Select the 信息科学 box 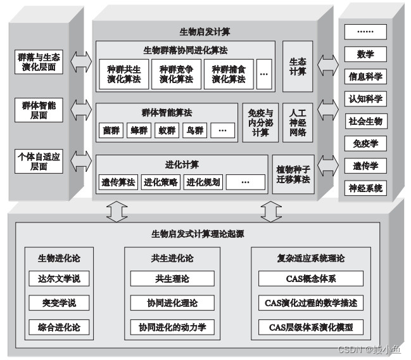click(x=365, y=77)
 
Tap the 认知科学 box click(x=365, y=99)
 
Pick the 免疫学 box click(x=365, y=143)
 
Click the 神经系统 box click(x=365, y=188)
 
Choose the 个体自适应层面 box click(x=39, y=161)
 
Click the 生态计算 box click(x=298, y=67)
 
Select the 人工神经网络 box click(x=298, y=122)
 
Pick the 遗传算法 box click(x=118, y=183)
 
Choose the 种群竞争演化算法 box click(x=176, y=74)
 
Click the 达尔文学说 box click(x=59, y=278)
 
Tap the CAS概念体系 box click(x=311, y=278)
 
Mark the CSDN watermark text click(x=369, y=349)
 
